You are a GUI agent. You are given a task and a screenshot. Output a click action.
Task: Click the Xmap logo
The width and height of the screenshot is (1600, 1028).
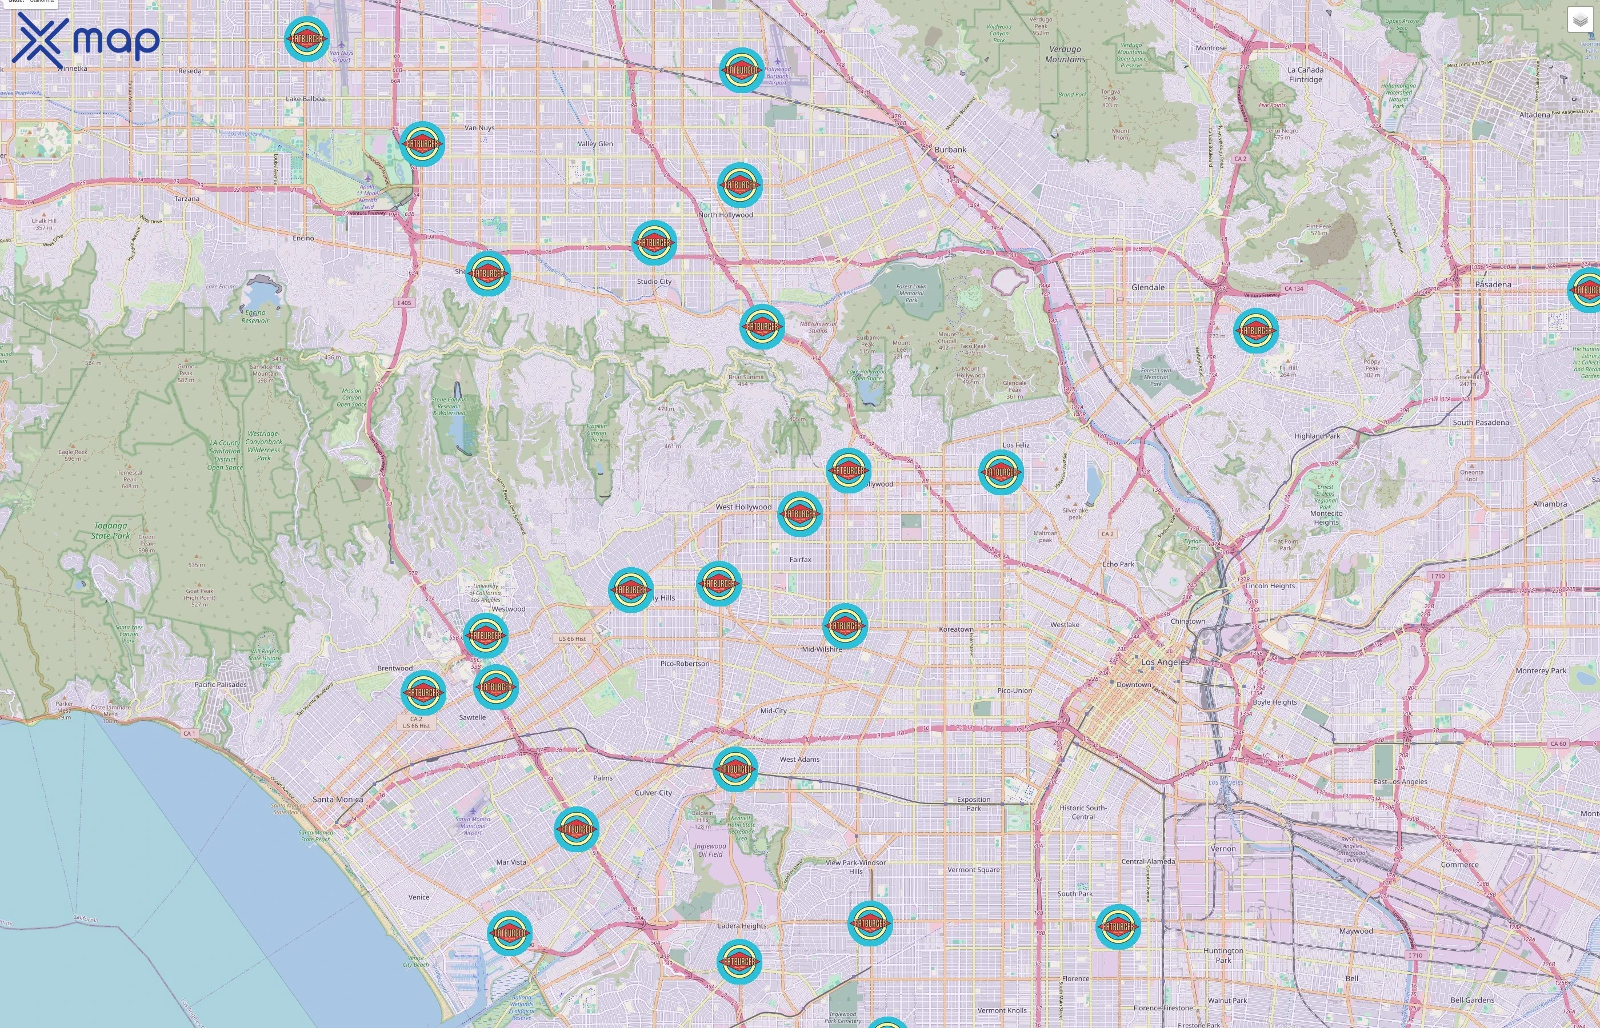pyautogui.click(x=86, y=40)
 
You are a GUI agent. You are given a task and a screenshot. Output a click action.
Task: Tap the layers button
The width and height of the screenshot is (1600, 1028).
pyautogui.click(x=1579, y=20)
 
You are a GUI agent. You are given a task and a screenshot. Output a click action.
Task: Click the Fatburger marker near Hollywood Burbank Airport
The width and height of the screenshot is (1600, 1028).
pyautogui.click(x=741, y=70)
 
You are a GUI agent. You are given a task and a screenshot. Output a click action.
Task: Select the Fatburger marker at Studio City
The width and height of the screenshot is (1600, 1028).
pyautogui.click(x=654, y=242)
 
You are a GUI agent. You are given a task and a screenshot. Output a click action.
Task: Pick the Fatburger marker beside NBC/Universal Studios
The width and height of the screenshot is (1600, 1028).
pyautogui.click(x=762, y=327)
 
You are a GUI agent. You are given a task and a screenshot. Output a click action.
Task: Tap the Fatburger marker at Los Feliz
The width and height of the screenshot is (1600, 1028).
pyautogui.click(x=1001, y=472)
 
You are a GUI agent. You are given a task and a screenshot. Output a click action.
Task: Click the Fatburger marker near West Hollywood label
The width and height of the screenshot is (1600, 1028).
pyautogui.click(x=799, y=514)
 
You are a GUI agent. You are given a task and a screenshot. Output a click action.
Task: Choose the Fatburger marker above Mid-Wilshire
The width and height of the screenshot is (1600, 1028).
pyautogui.click(x=845, y=625)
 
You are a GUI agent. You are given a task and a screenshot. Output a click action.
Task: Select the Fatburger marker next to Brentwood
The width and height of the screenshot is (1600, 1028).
pyautogui.click(x=423, y=692)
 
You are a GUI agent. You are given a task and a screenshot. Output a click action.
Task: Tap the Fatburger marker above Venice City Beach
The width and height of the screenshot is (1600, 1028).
pyautogui.click(x=510, y=933)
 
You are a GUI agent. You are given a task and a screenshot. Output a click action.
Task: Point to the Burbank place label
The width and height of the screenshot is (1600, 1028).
pyautogui.click(x=950, y=150)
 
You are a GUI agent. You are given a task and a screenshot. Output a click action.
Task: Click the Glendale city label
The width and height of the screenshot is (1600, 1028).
pyautogui.click(x=1147, y=288)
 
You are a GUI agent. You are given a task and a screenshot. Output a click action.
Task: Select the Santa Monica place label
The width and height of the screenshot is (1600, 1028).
pyautogui.click(x=338, y=799)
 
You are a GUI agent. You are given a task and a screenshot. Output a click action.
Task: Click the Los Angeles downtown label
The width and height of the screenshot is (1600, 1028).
pyautogui.click(x=1165, y=662)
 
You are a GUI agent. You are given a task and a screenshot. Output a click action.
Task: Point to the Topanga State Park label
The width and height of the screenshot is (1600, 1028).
pyautogui.click(x=111, y=531)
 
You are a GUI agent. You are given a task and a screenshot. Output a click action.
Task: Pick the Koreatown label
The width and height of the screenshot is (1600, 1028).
pyautogui.click(x=955, y=629)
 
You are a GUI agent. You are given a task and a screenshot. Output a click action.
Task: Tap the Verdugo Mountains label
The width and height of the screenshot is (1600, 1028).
pyautogui.click(x=1065, y=54)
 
